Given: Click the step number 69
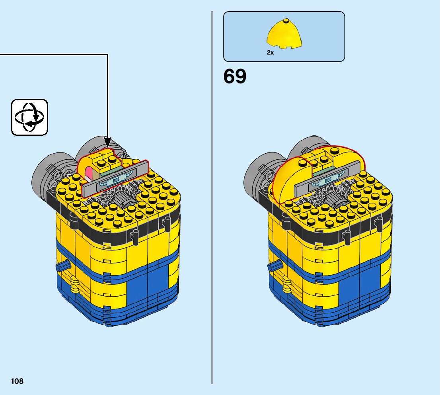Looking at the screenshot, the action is click(235, 76).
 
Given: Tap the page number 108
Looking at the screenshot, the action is click(17, 381).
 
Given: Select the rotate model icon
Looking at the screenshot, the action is click(29, 117).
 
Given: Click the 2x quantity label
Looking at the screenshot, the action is click(270, 52).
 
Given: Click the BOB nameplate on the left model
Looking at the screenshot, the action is click(116, 180).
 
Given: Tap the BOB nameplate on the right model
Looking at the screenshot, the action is click(328, 180).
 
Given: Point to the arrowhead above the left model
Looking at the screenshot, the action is click(107, 142).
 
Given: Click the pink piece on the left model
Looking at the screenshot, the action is click(90, 174).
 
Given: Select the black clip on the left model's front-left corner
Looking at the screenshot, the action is click(73, 219).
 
